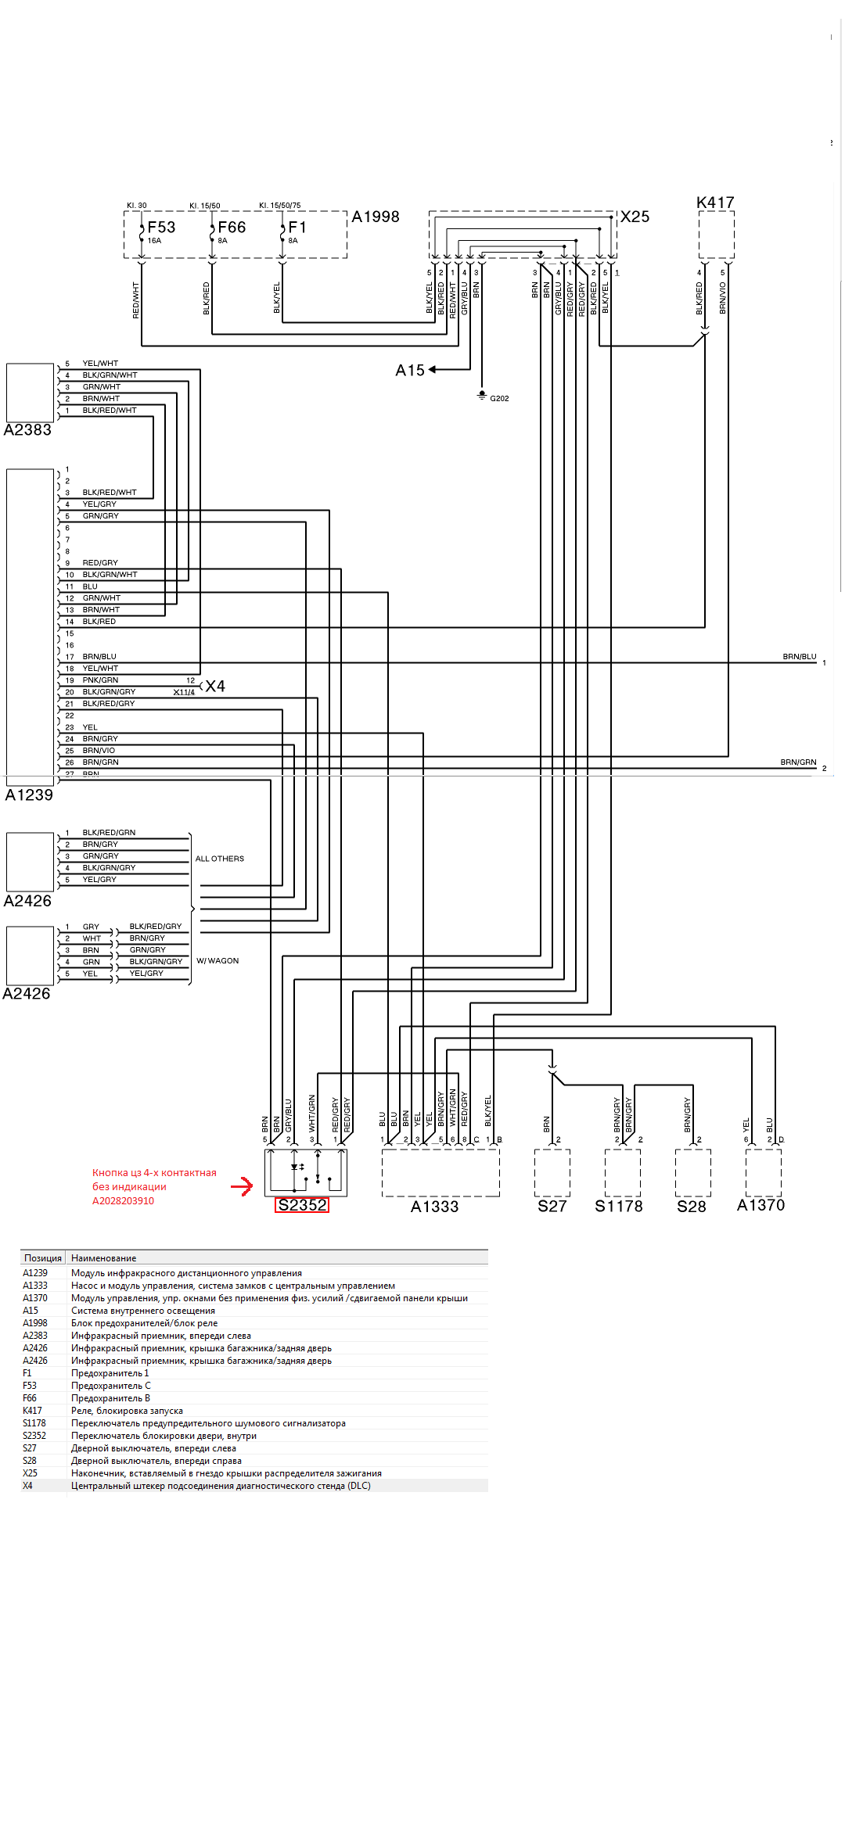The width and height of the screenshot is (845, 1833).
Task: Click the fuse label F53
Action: click(x=161, y=228)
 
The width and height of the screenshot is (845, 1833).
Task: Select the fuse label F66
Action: click(x=232, y=228)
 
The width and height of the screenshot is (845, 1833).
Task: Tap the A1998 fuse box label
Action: click(x=376, y=217)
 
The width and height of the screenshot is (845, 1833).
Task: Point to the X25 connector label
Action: click(x=635, y=217)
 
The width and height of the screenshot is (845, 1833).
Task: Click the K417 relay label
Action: click(x=715, y=203)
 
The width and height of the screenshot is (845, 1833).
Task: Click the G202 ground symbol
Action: click(x=482, y=396)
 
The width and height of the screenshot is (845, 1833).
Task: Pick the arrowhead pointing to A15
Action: click(x=432, y=369)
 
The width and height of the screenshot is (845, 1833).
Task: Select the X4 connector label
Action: click(x=215, y=687)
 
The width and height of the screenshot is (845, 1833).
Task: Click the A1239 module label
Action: click(x=29, y=795)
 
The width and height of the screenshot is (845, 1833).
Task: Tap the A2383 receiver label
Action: click(x=27, y=430)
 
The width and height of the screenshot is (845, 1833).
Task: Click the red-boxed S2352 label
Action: click(x=302, y=1205)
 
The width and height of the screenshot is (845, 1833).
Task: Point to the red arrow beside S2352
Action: click(x=242, y=1186)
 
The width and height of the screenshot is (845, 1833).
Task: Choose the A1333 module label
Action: click(x=434, y=1207)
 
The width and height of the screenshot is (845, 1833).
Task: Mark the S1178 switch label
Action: click(x=618, y=1207)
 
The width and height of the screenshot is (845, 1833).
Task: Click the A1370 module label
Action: click(x=760, y=1205)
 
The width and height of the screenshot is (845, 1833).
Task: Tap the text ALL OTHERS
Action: click(x=219, y=859)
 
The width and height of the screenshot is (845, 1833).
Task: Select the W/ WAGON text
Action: click(x=218, y=961)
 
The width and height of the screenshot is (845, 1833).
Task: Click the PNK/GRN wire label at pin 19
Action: click(x=100, y=680)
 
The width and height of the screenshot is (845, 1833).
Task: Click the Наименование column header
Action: click(x=103, y=1258)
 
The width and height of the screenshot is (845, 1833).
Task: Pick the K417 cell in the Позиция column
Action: click(x=32, y=1411)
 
